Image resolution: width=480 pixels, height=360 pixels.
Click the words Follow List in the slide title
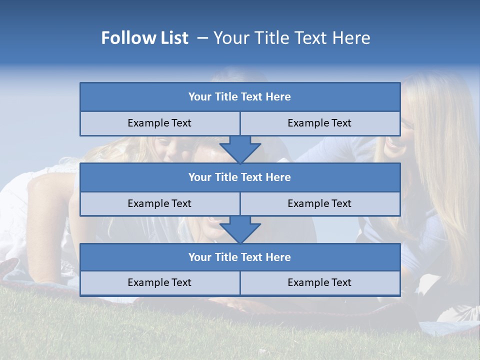coord(144,38)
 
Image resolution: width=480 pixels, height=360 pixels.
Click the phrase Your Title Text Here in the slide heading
coord(291,38)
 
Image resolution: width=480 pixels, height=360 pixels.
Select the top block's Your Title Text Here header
coord(239,97)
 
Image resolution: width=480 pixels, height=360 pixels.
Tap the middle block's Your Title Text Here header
coord(239,177)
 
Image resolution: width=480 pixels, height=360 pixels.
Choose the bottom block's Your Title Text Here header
coord(239,257)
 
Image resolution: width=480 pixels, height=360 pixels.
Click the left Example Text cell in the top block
coord(159,123)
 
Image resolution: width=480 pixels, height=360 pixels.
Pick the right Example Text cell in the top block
coord(319,123)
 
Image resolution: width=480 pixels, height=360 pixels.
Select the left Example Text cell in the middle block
coord(159,203)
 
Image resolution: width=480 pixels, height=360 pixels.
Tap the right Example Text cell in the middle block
coord(319,203)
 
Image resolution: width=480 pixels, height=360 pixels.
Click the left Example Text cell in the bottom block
coord(159,282)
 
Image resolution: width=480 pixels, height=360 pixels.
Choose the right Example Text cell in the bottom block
coord(319,282)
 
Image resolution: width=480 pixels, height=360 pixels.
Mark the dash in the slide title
coord(202,38)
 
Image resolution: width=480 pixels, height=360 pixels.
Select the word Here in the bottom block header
coord(278,257)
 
